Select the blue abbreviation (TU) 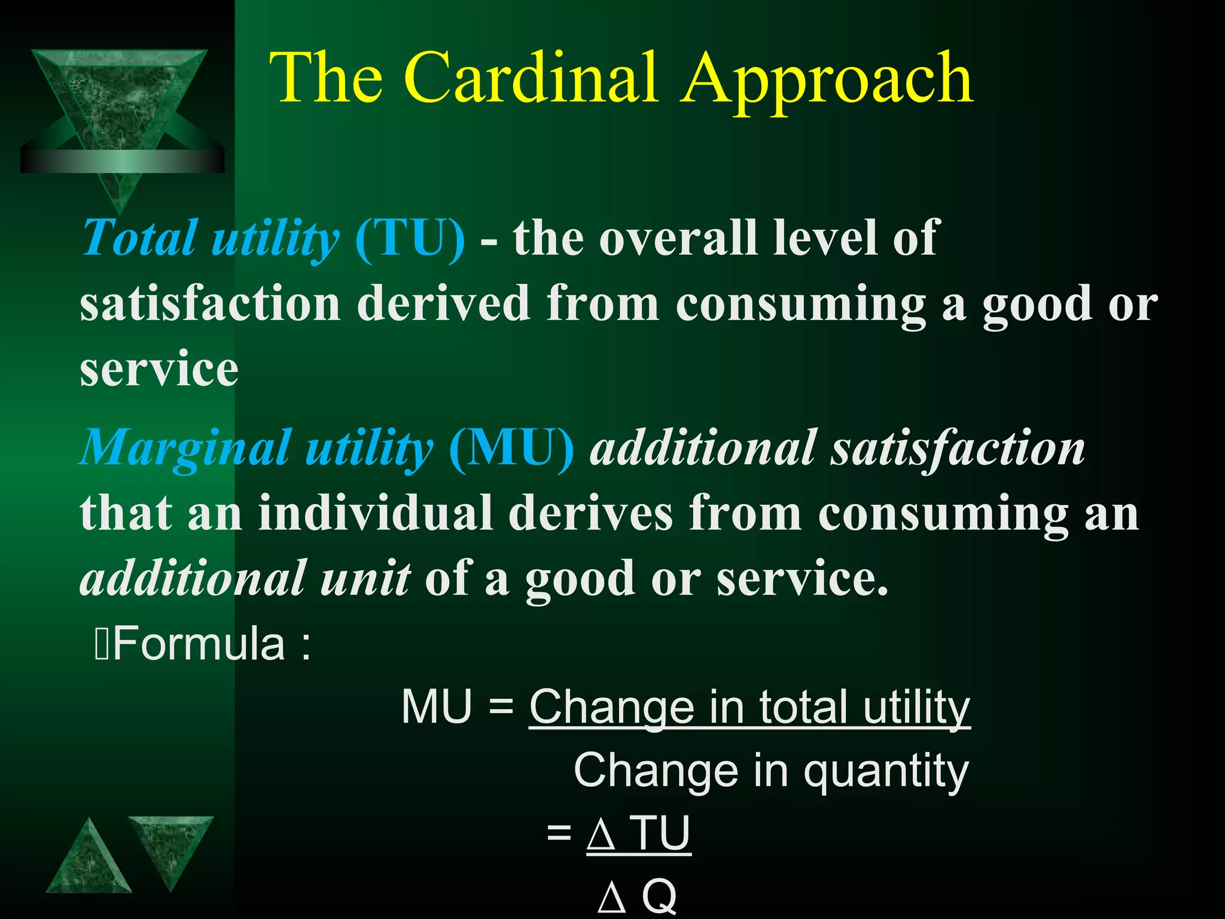pyautogui.click(x=410, y=239)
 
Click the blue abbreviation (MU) pyautogui.click(x=511, y=449)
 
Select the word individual pyautogui.click(x=376, y=513)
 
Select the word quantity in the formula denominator pyautogui.click(x=885, y=772)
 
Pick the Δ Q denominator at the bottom pyautogui.click(x=637, y=897)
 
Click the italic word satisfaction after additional pyautogui.click(x=957, y=449)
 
